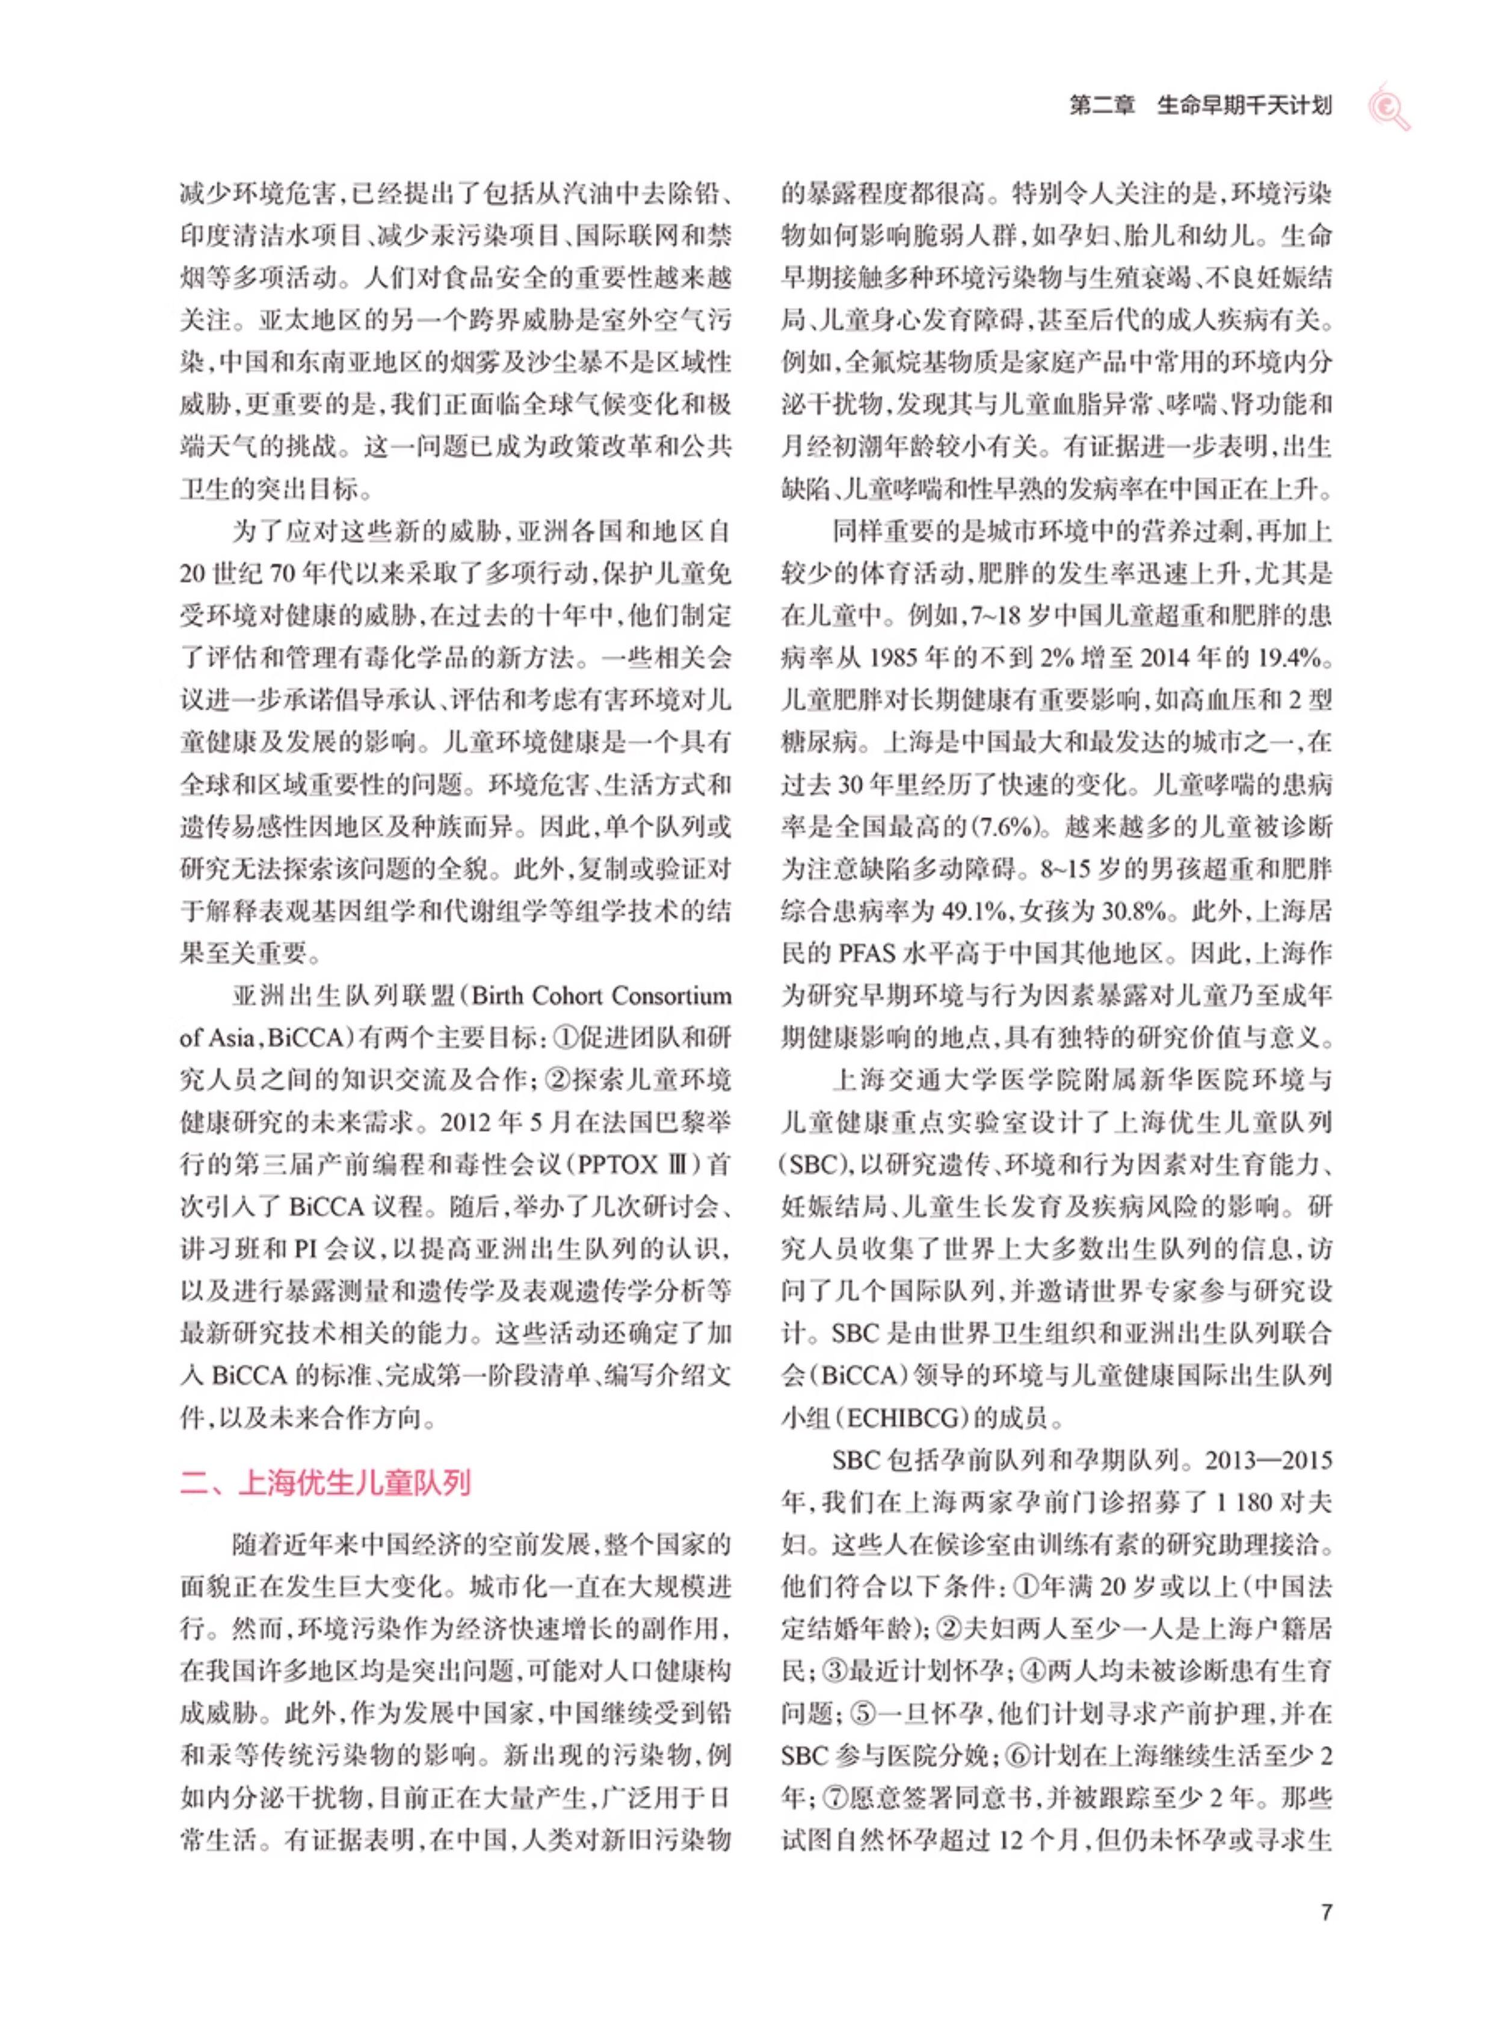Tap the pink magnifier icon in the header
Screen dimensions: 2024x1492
1388,106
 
